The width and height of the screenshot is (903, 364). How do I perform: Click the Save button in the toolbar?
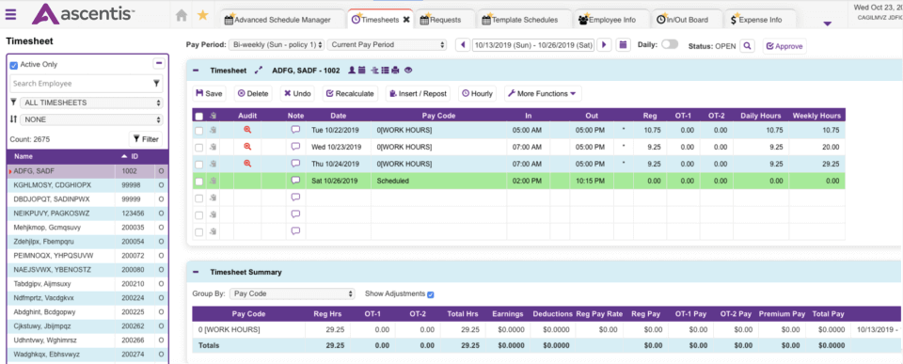tap(209, 93)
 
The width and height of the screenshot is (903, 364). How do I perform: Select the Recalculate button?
tap(350, 93)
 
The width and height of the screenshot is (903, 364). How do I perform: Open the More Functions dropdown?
tap(543, 93)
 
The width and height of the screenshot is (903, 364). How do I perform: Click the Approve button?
tap(784, 45)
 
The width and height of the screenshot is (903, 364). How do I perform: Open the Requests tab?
tap(444, 19)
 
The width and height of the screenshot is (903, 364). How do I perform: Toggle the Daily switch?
tap(670, 44)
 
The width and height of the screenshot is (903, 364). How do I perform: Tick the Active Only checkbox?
tap(13, 65)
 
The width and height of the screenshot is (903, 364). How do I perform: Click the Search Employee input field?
tap(80, 83)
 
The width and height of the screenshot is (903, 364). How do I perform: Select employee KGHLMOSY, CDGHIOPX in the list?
tap(53, 185)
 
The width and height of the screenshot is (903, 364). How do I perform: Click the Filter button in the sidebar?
tap(145, 138)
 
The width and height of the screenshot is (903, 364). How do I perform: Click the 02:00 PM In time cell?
tap(527, 180)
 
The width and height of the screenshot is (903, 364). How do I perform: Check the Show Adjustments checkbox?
tap(431, 293)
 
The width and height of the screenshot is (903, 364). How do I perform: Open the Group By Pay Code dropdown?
tap(292, 293)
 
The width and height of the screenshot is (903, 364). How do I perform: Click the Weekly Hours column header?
tap(816, 115)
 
